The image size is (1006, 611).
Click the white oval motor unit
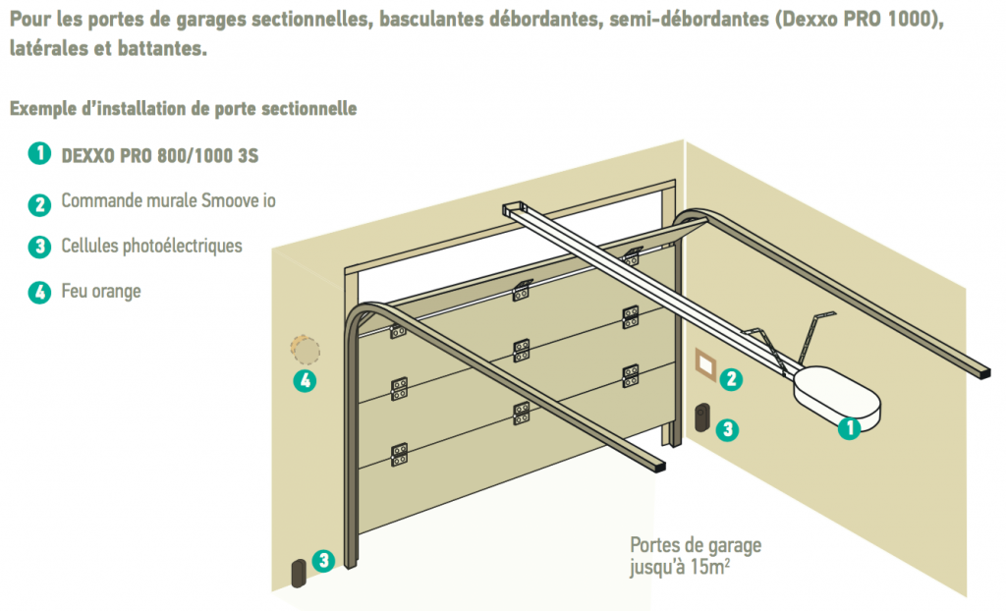coord(837,398)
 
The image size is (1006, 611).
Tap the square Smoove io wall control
coord(705,365)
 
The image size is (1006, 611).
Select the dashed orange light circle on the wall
coord(306,351)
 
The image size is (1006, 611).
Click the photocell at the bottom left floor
coord(299,573)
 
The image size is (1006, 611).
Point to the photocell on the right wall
coord(702,417)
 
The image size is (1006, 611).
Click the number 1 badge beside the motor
coord(850,428)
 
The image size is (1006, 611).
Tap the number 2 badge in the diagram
coord(731,379)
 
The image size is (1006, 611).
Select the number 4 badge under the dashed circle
coord(306,380)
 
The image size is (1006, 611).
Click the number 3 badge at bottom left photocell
coord(324,561)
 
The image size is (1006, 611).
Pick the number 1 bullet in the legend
coord(39,153)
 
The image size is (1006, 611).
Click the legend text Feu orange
coord(101,292)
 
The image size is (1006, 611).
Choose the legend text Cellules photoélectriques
coord(152,246)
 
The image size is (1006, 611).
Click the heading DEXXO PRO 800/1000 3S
coord(160,156)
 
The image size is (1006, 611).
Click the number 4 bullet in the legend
coord(39,292)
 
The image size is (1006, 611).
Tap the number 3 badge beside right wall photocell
coord(728,429)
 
